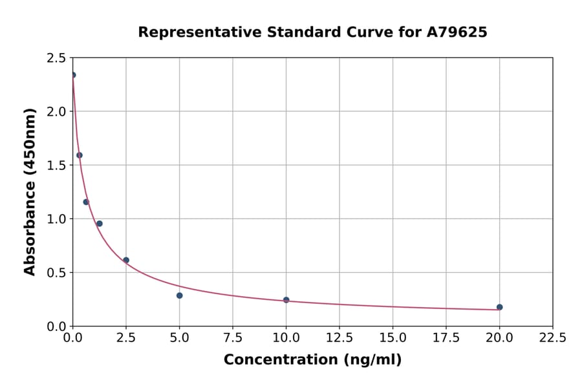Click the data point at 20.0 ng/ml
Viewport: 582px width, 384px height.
click(499, 307)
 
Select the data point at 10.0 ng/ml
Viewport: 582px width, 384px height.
click(286, 300)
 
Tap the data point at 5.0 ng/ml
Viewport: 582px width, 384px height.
click(179, 295)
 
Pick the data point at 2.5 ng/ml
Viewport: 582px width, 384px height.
click(126, 260)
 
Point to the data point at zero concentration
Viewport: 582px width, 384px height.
click(73, 75)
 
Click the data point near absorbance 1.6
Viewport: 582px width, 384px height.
click(80, 155)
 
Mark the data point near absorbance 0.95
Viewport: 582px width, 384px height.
click(99, 224)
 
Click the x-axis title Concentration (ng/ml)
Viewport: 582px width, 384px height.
click(312, 360)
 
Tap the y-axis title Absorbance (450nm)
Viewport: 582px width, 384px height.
click(30, 191)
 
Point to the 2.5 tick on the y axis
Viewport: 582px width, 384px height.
click(56, 58)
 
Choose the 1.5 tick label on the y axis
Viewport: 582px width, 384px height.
click(56, 165)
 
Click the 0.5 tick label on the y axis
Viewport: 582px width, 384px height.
click(56, 273)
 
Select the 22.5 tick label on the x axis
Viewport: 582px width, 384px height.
click(552, 338)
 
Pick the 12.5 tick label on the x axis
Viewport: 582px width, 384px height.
click(339, 338)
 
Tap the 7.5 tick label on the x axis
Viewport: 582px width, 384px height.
click(233, 338)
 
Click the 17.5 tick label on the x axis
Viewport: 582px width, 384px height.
click(446, 338)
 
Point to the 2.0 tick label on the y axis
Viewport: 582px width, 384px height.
click(56, 112)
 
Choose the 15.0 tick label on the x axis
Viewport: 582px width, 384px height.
click(393, 338)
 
